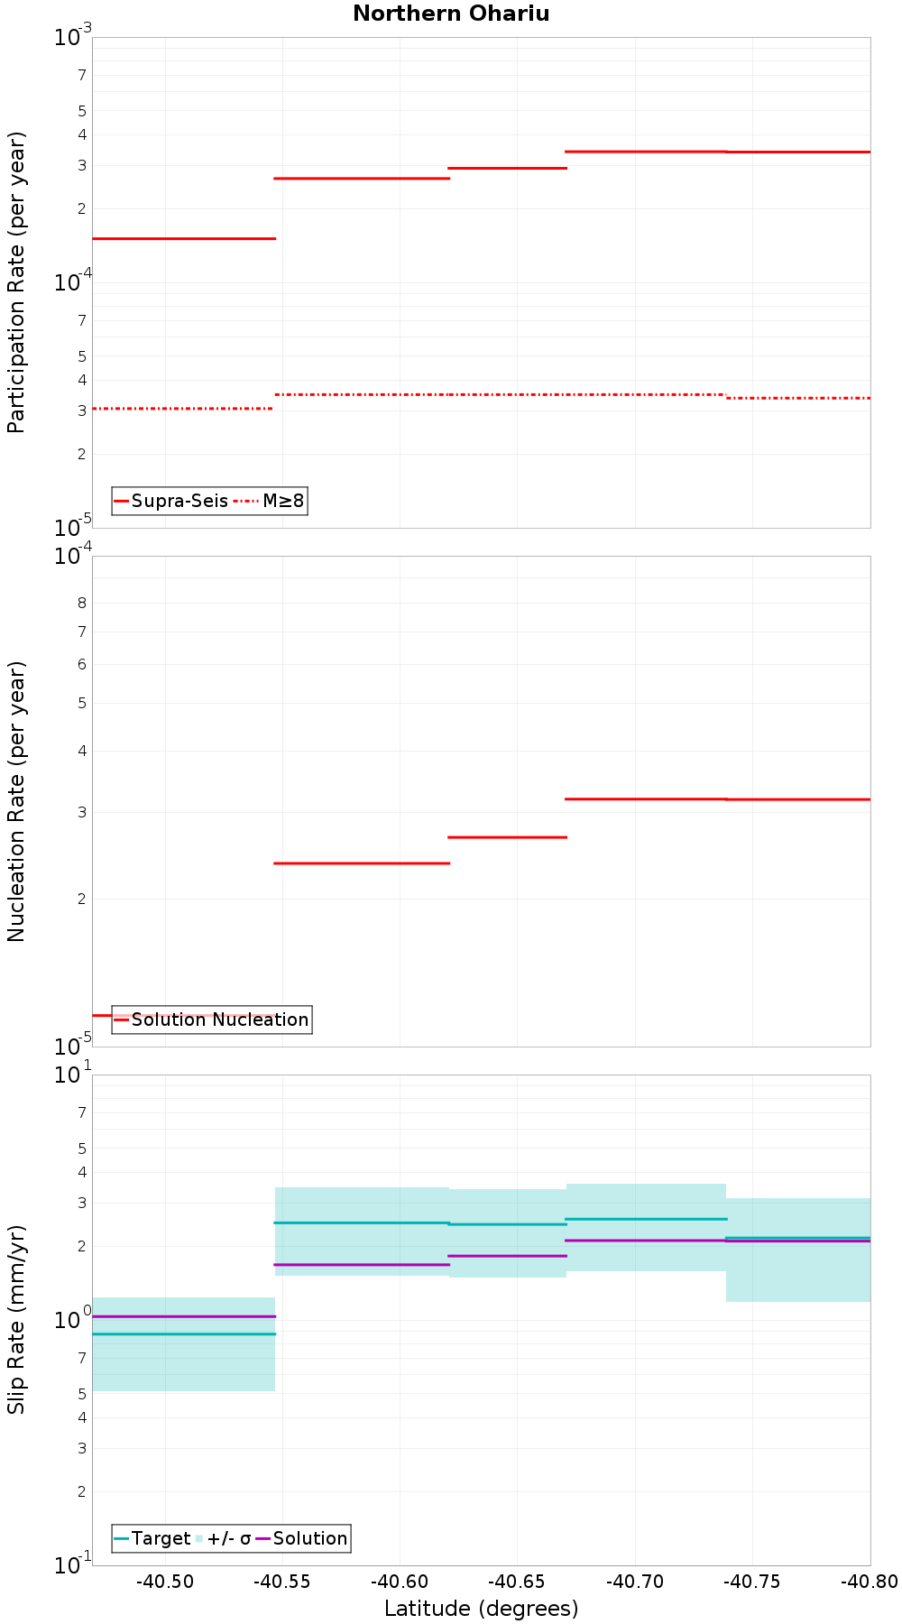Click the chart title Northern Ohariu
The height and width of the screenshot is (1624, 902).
pos(451,14)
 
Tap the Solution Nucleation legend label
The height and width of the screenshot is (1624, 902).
pos(219,1020)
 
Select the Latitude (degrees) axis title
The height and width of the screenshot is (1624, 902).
pos(481,1608)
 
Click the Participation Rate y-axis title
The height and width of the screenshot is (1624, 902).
pos(16,282)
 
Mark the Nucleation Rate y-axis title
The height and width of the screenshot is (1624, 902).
pos(16,801)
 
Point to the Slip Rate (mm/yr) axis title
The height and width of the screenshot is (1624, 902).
pos(16,1319)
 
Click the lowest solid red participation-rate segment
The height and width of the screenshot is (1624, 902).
pos(183,238)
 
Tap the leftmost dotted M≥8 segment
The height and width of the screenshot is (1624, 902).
pos(182,409)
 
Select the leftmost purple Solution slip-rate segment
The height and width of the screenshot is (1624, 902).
pos(183,1316)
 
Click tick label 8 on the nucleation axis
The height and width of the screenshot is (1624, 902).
pos(81,603)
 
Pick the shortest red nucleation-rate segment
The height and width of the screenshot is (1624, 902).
pos(507,837)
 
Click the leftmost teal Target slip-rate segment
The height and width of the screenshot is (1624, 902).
pos(183,1333)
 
